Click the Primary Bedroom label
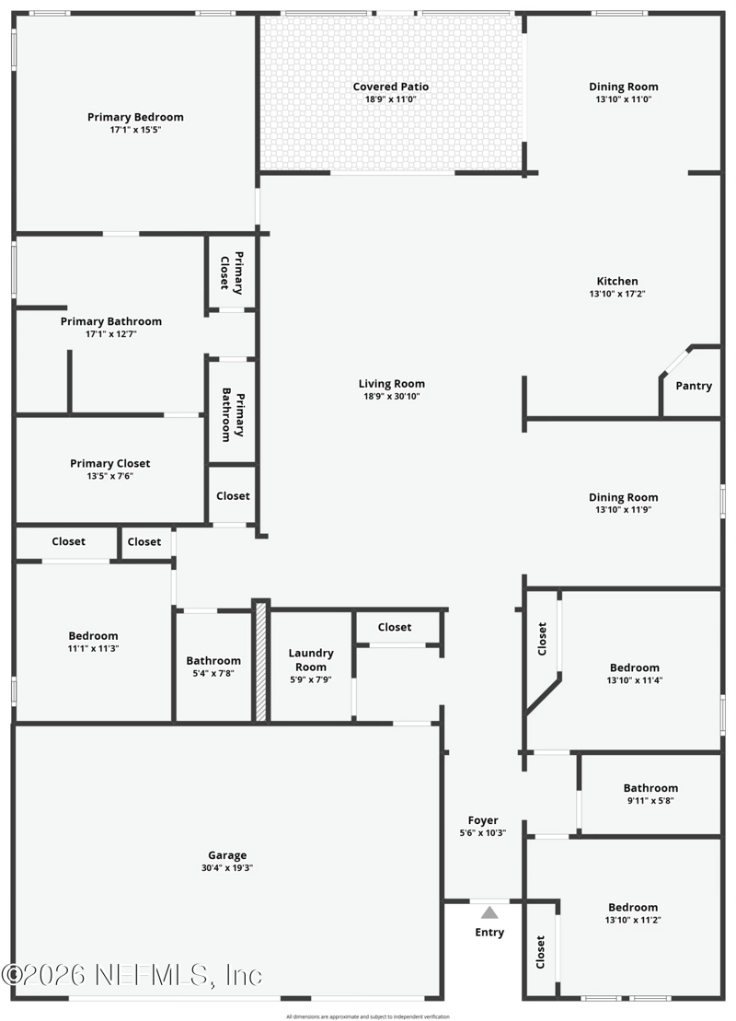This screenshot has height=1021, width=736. (x=135, y=117)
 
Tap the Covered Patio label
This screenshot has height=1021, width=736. (x=390, y=87)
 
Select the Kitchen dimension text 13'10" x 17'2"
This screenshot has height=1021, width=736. (x=617, y=294)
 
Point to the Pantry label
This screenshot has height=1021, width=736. (x=694, y=386)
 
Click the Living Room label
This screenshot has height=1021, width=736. (x=391, y=384)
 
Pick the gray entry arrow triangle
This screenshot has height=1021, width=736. (x=489, y=912)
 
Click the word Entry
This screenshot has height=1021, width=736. (x=489, y=933)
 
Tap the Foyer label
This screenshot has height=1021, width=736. (x=483, y=820)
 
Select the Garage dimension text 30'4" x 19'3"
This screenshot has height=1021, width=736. (x=227, y=868)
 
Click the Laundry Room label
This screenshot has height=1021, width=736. (x=311, y=659)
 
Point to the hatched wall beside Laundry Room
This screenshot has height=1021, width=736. (x=260, y=660)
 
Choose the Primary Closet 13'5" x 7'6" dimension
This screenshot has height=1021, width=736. (x=110, y=476)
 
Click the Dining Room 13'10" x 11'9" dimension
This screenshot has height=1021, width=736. (x=624, y=510)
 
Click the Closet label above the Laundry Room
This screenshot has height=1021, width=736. (x=395, y=627)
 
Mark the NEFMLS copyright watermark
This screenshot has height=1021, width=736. (x=132, y=975)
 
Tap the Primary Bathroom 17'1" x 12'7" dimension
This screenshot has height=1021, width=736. (x=111, y=334)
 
